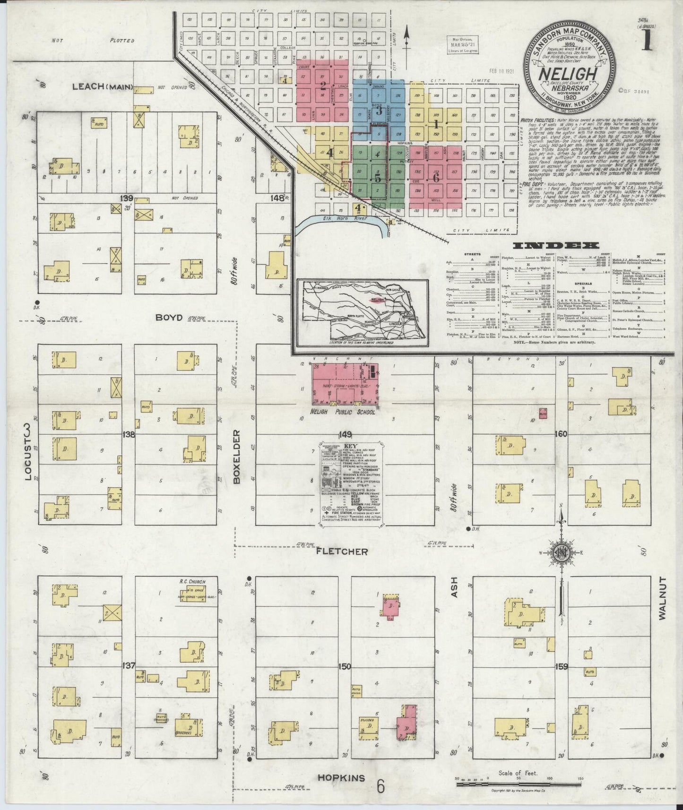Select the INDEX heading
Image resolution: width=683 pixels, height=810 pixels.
point(556,246)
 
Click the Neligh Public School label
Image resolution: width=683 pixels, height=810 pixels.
point(343,412)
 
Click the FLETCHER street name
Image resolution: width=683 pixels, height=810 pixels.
point(342,551)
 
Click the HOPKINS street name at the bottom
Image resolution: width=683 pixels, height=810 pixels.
point(341,778)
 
